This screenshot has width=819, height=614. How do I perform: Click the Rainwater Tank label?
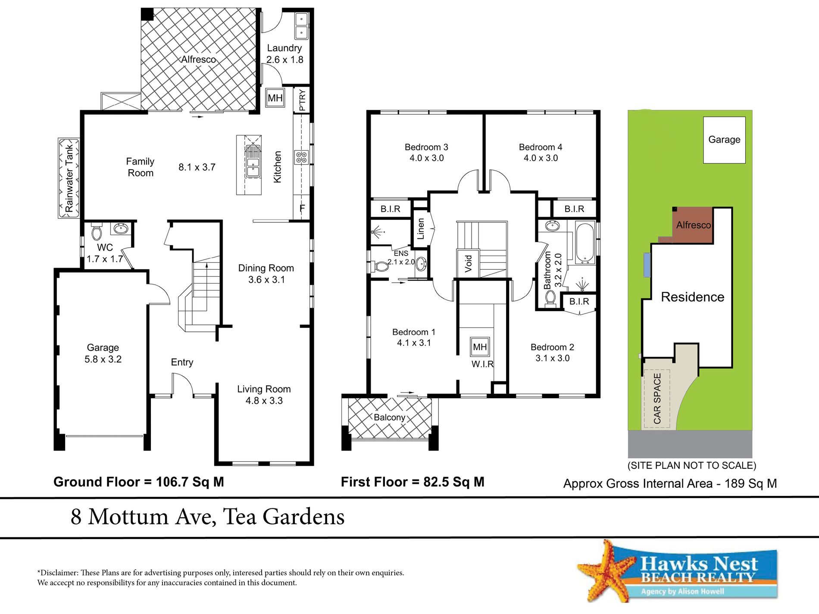[69, 178]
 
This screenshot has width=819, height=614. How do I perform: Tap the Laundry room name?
[284, 48]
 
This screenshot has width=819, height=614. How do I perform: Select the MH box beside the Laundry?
[275, 98]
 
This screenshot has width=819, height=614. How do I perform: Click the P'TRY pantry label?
[302, 100]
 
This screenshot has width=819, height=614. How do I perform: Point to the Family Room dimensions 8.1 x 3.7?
[197, 167]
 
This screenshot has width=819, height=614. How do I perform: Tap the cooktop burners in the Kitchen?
[301, 157]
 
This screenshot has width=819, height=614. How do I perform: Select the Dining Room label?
[266, 268]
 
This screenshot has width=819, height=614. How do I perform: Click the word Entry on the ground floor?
[182, 362]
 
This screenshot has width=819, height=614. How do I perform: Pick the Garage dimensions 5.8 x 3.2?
[103, 359]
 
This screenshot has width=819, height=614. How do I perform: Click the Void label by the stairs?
[468, 263]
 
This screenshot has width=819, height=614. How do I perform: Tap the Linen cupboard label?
[421, 229]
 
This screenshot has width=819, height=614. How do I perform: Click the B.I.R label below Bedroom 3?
[390, 209]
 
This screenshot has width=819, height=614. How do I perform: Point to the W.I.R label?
[482, 364]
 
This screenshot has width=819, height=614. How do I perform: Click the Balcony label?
[389, 418]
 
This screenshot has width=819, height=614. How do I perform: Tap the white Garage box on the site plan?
[724, 140]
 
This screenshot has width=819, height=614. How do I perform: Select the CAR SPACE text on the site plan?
[657, 399]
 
